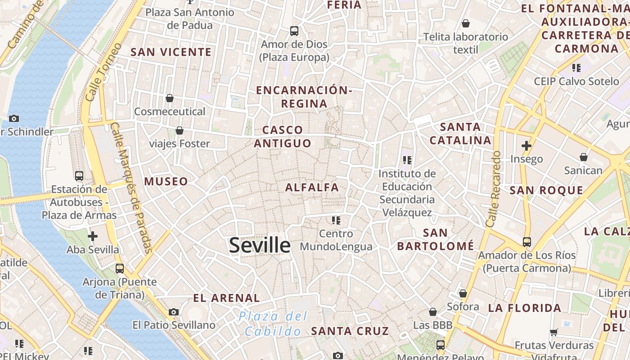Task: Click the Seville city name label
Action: pyautogui.click(x=260, y=245)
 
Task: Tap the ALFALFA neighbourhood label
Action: pyautogui.click(x=312, y=187)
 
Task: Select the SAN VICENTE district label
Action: pyautogui.click(x=171, y=52)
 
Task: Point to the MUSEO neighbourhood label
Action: pyautogui.click(x=166, y=181)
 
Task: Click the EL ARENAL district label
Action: pyautogui.click(x=226, y=298)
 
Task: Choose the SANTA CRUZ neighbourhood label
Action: pyautogui.click(x=350, y=331)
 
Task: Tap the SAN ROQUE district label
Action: pyautogui.click(x=546, y=190)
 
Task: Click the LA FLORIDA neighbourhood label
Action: pyautogui.click(x=525, y=308)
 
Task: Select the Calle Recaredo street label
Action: pyautogui.click(x=493, y=189)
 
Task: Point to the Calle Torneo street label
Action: pyautogui.click(x=103, y=72)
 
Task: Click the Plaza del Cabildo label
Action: pyautogui.click(x=273, y=324)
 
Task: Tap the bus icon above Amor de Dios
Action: pyautogui.click(x=294, y=31)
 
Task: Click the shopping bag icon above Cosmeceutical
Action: pyautogui.click(x=170, y=98)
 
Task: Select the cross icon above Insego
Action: pyautogui.click(x=526, y=146)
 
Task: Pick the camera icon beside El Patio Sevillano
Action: pyautogui.click(x=174, y=312)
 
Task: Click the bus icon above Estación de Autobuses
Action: pyautogui.click(x=79, y=176)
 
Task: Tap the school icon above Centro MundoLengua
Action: pyautogui.click(x=336, y=220)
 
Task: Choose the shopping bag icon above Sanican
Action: pyautogui.click(x=583, y=157)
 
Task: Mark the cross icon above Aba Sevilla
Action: pyautogui.click(x=93, y=236)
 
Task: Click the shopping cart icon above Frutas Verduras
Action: pyautogui.click(x=553, y=333)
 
